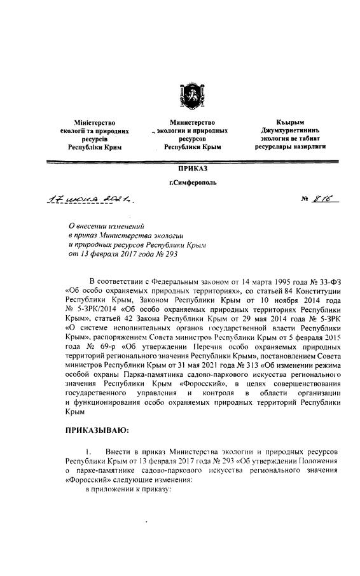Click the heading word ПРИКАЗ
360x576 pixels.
191,168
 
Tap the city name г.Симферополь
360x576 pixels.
192,182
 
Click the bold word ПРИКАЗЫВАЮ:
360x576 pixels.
97,430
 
